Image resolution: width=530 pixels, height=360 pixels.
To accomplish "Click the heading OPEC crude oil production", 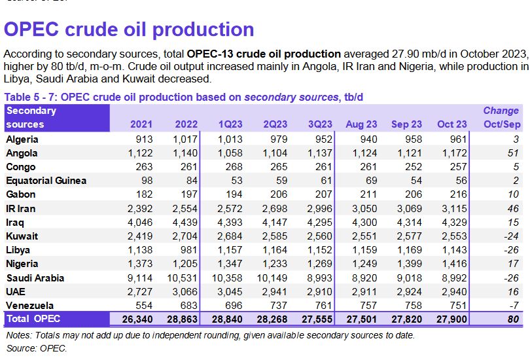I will coord(129,29).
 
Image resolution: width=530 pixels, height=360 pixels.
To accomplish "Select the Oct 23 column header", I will coord(451,124).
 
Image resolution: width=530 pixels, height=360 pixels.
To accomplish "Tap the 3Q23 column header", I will coord(319,124).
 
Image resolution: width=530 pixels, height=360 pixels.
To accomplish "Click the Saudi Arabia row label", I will coord(34,278).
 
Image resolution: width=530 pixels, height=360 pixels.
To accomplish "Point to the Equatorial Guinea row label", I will coord(46,180).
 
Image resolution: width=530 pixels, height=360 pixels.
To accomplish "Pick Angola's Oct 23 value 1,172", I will coord(454,153).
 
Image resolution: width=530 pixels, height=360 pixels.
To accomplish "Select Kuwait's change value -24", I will coord(508,236).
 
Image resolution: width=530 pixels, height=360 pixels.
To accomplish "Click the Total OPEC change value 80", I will coord(512,319).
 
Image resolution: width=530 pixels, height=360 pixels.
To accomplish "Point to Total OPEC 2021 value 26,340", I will coord(136,319).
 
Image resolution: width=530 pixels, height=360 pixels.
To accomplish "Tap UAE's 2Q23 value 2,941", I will coord(275,291).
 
